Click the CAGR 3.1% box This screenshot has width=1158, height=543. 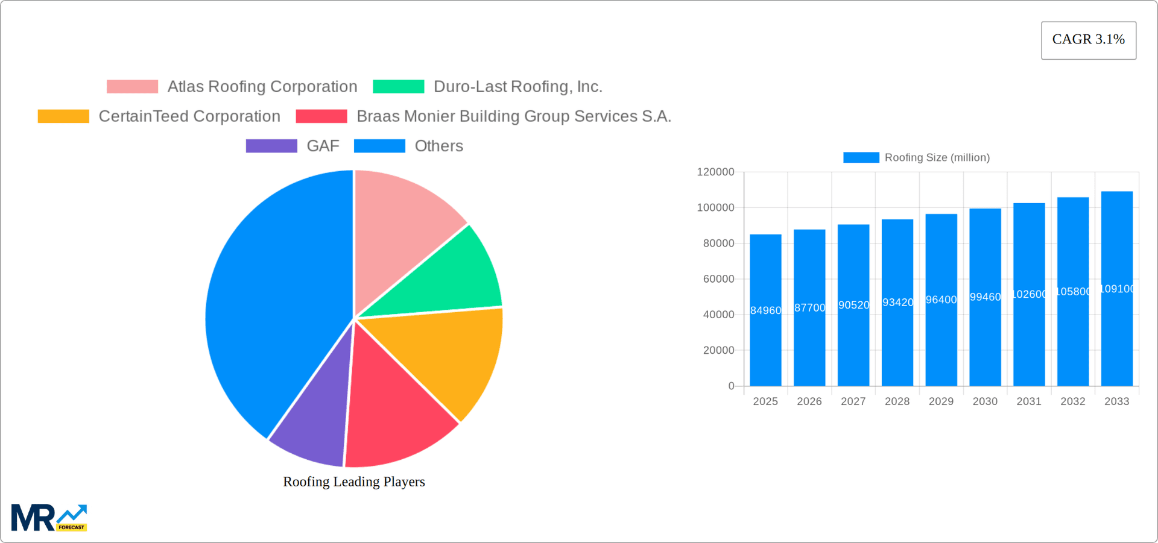click(x=1088, y=40)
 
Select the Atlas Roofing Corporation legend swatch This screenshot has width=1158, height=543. click(x=132, y=87)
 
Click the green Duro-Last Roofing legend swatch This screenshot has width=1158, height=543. click(x=398, y=87)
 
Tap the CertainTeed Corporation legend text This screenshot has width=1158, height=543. click(x=189, y=116)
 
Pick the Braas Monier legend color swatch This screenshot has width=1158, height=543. click(x=321, y=116)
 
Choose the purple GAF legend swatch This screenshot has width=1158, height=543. click(x=271, y=146)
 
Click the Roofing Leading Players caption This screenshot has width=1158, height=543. click(x=354, y=482)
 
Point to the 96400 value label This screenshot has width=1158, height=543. click(x=941, y=300)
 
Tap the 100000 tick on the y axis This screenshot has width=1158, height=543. click(x=716, y=208)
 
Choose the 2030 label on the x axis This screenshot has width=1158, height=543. click(x=985, y=401)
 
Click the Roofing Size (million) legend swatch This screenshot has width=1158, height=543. click(x=861, y=157)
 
